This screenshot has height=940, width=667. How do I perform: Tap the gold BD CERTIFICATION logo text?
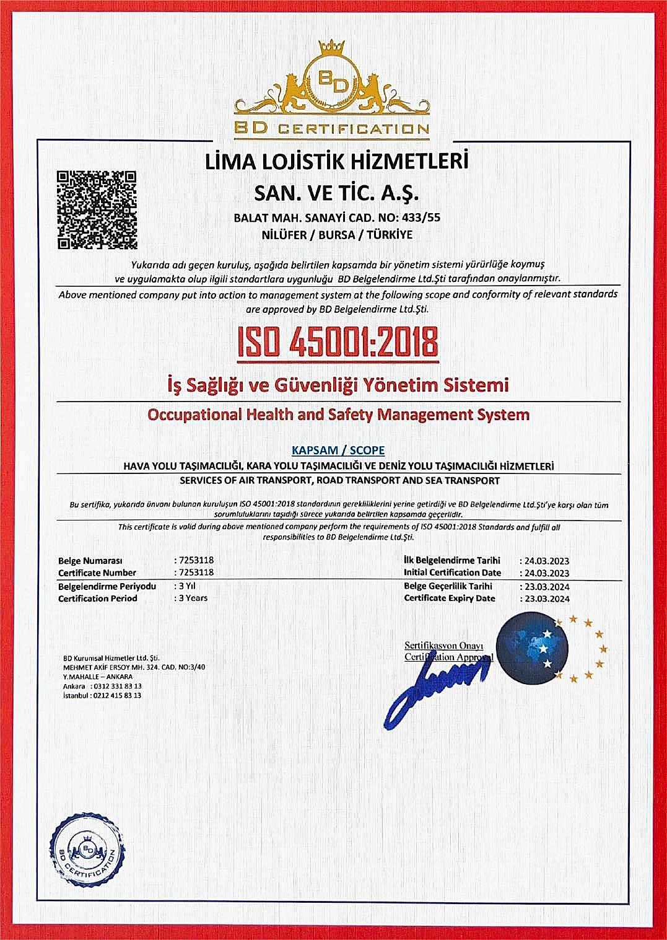pos(332,129)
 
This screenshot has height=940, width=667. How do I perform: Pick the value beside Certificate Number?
pos(195,573)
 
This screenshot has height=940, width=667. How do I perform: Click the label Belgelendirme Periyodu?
pos(107,586)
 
